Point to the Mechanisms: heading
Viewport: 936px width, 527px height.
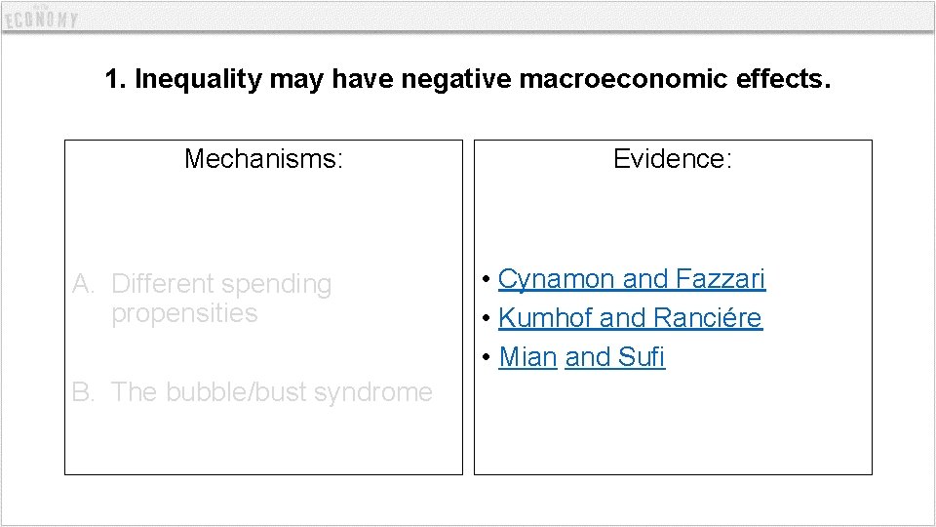click(x=263, y=158)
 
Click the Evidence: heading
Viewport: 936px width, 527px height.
click(x=673, y=158)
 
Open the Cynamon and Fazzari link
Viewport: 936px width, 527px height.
click(x=632, y=279)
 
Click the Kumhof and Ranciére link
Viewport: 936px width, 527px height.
click(x=630, y=318)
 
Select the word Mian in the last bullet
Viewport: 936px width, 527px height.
click(x=527, y=357)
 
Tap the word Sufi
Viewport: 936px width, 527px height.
click(x=642, y=357)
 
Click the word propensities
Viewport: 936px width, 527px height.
click(x=184, y=313)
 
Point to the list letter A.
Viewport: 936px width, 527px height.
click(x=84, y=284)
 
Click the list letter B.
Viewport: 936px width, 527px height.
click(x=84, y=392)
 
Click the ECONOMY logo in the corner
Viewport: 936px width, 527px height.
click(x=41, y=18)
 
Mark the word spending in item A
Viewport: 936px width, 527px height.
click(x=276, y=284)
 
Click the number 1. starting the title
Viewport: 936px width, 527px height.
click(x=115, y=79)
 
